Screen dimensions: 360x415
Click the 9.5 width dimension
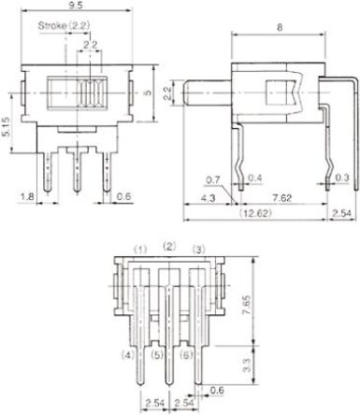tap(76, 6)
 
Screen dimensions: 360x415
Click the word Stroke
tap(52, 25)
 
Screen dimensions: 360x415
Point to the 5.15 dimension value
tap(7, 127)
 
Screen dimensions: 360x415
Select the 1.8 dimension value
tap(27, 197)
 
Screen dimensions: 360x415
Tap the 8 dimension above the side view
tap(280, 27)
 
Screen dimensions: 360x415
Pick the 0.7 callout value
tap(213, 179)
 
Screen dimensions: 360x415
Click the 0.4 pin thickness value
tap(255, 179)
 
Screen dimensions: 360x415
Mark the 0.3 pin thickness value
tap(342, 178)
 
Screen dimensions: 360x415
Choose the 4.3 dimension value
tap(208, 198)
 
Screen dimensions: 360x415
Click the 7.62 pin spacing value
tap(282, 198)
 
